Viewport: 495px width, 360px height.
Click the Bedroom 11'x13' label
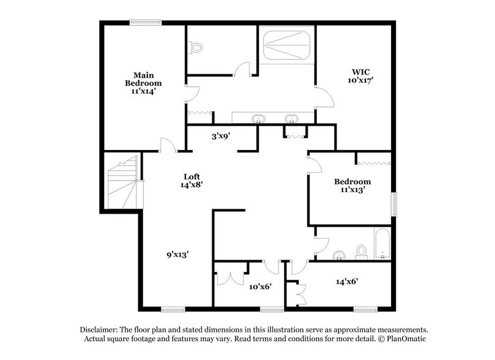point(352,186)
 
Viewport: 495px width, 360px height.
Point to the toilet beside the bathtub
point(361,252)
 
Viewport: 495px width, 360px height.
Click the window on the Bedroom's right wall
point(393,204)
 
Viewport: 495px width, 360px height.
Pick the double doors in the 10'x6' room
point(229,277)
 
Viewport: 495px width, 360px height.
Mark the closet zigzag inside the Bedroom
point(373,162)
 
